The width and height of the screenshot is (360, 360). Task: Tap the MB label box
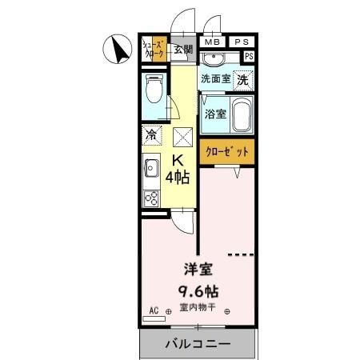(211, 42)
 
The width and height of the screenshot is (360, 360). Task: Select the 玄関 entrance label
(183, 50)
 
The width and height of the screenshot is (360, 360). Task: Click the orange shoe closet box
(154, 50)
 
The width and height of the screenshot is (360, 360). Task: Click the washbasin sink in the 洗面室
(214, 60)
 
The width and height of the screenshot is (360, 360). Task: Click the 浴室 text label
(215, 114)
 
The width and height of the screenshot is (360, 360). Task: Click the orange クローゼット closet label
(227, 151)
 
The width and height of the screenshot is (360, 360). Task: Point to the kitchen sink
(151, 168)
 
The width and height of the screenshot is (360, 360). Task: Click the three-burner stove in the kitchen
(151, 196)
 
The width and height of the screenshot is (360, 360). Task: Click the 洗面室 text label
(215, 78)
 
